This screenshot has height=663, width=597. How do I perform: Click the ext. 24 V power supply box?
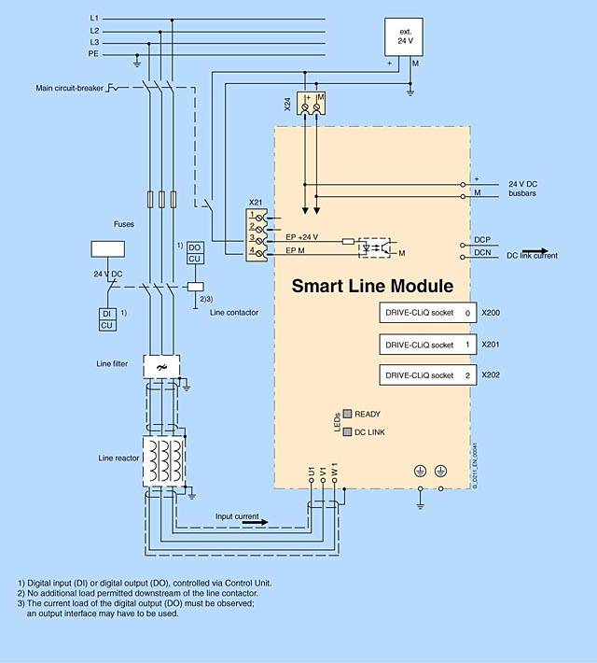405,37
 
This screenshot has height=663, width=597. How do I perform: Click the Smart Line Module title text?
373,286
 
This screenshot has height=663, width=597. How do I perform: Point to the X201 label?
491,345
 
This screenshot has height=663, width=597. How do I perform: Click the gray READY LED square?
348,414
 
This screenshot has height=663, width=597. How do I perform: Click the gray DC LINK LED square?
348,432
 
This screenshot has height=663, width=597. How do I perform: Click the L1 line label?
94,18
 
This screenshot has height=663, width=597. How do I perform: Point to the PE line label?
94,55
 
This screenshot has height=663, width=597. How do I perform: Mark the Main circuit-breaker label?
70,89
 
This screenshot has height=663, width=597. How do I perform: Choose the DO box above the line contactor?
194,247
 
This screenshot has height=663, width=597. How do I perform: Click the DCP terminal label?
482,239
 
